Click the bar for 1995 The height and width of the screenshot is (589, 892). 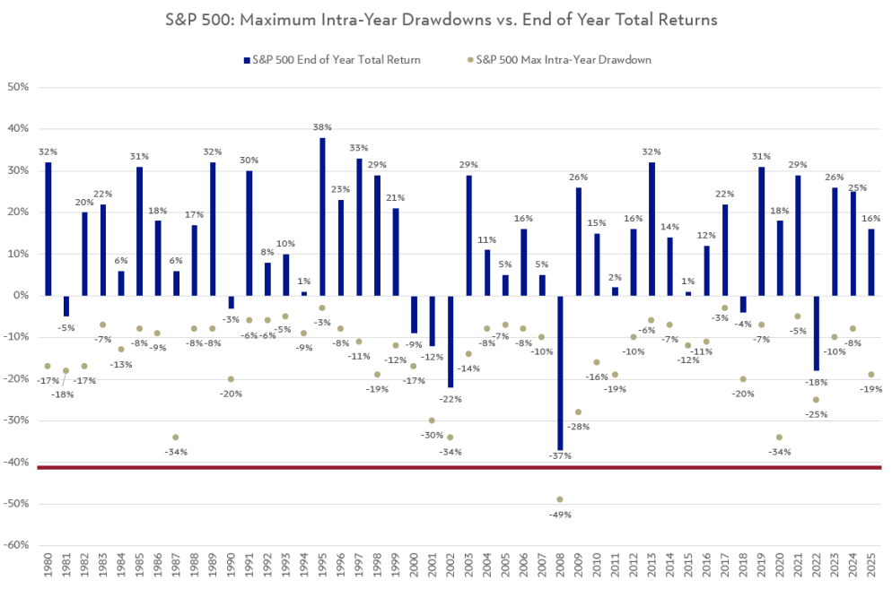[x=322, y=216]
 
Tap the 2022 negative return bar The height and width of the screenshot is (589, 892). [x=817, y=332]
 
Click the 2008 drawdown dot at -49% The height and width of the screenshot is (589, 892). [x=560, y=499]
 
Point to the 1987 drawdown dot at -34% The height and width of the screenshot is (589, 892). [x=176, y=437]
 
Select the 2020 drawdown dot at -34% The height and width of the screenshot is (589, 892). [x=779, y=437]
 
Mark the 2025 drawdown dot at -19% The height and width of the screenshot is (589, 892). [x=871, y=375]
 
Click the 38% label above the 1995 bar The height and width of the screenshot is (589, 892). [x=322, y=127]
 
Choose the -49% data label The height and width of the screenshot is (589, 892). [x=560, y=515]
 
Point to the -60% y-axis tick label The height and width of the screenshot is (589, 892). [x=17, y=545]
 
